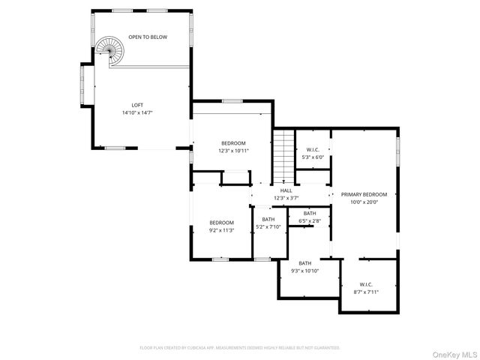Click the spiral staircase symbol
[x=109, y=52]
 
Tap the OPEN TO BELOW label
[x=148, y=37]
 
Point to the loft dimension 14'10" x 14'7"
[x=137, y=113]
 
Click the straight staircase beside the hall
[x=282, y=155]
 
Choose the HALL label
[x=286, y=190]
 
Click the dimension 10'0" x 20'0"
[x=364, y=201]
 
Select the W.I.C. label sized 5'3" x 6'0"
[x=313, y=150]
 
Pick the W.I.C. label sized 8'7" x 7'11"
[x=366, y=284]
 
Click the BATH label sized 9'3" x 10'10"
[x=305, y=263]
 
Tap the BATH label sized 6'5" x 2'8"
[x=310, y=214]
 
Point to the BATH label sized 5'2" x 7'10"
[x=268, y=220]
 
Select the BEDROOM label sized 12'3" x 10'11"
[x=233, y=143]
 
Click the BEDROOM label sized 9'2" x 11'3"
[x=221, y=223]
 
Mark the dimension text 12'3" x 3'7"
[x=286, y=198]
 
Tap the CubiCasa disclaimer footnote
[x=240, y=348]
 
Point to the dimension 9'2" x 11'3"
[x=221, y=230]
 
